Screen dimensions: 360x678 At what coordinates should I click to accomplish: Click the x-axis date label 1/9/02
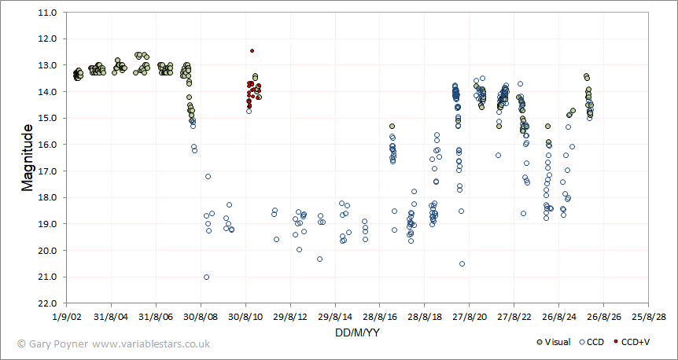click(66, 316)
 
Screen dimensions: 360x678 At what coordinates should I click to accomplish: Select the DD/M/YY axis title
click(358, 333)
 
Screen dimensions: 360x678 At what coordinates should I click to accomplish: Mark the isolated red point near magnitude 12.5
click(252, 50)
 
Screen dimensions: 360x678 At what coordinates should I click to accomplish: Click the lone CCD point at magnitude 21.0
click(206, 277)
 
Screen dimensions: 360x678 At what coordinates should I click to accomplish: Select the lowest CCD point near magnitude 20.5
click(462, 263)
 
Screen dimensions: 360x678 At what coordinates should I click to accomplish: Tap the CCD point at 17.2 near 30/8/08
click(208, 176)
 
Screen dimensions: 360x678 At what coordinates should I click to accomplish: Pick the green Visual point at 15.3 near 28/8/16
click(392, 126)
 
